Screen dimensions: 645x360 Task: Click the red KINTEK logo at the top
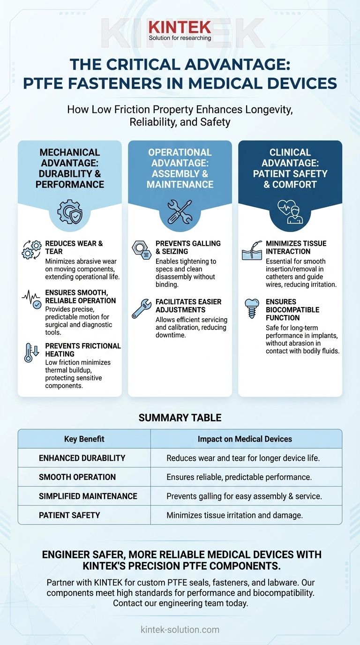tap(180, 27)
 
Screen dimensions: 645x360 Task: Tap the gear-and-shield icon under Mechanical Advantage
tap(69, 212)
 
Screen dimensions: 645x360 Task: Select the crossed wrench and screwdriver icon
tap(180, 212)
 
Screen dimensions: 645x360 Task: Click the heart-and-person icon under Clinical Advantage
tap(290, 212)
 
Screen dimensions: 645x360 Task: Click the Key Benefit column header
tap(84, 439)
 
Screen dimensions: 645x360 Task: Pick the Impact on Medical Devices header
tap(245, 439)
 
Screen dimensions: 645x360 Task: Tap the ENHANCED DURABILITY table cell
tap(82, 458)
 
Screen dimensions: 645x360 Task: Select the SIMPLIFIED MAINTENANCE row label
tap(88, 496)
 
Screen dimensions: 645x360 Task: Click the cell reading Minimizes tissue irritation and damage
tap(234, 515)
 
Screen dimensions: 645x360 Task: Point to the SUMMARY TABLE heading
tap(180, 418)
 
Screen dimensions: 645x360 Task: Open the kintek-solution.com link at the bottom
tap(180, 630)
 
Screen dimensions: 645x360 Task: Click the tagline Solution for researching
tap(180, 37)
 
